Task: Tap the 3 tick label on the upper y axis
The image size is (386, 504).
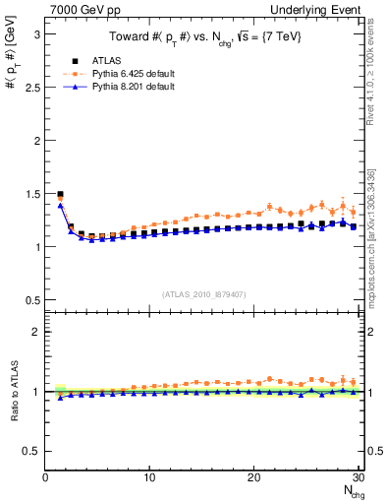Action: click(36, 34)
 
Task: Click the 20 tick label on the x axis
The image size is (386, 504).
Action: click(253, 477)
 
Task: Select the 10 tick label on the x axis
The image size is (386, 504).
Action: click(149, 477)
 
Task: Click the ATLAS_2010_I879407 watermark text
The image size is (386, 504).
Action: click(203, 293)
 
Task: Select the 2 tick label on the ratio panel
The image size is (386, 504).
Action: click(36, 332)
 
